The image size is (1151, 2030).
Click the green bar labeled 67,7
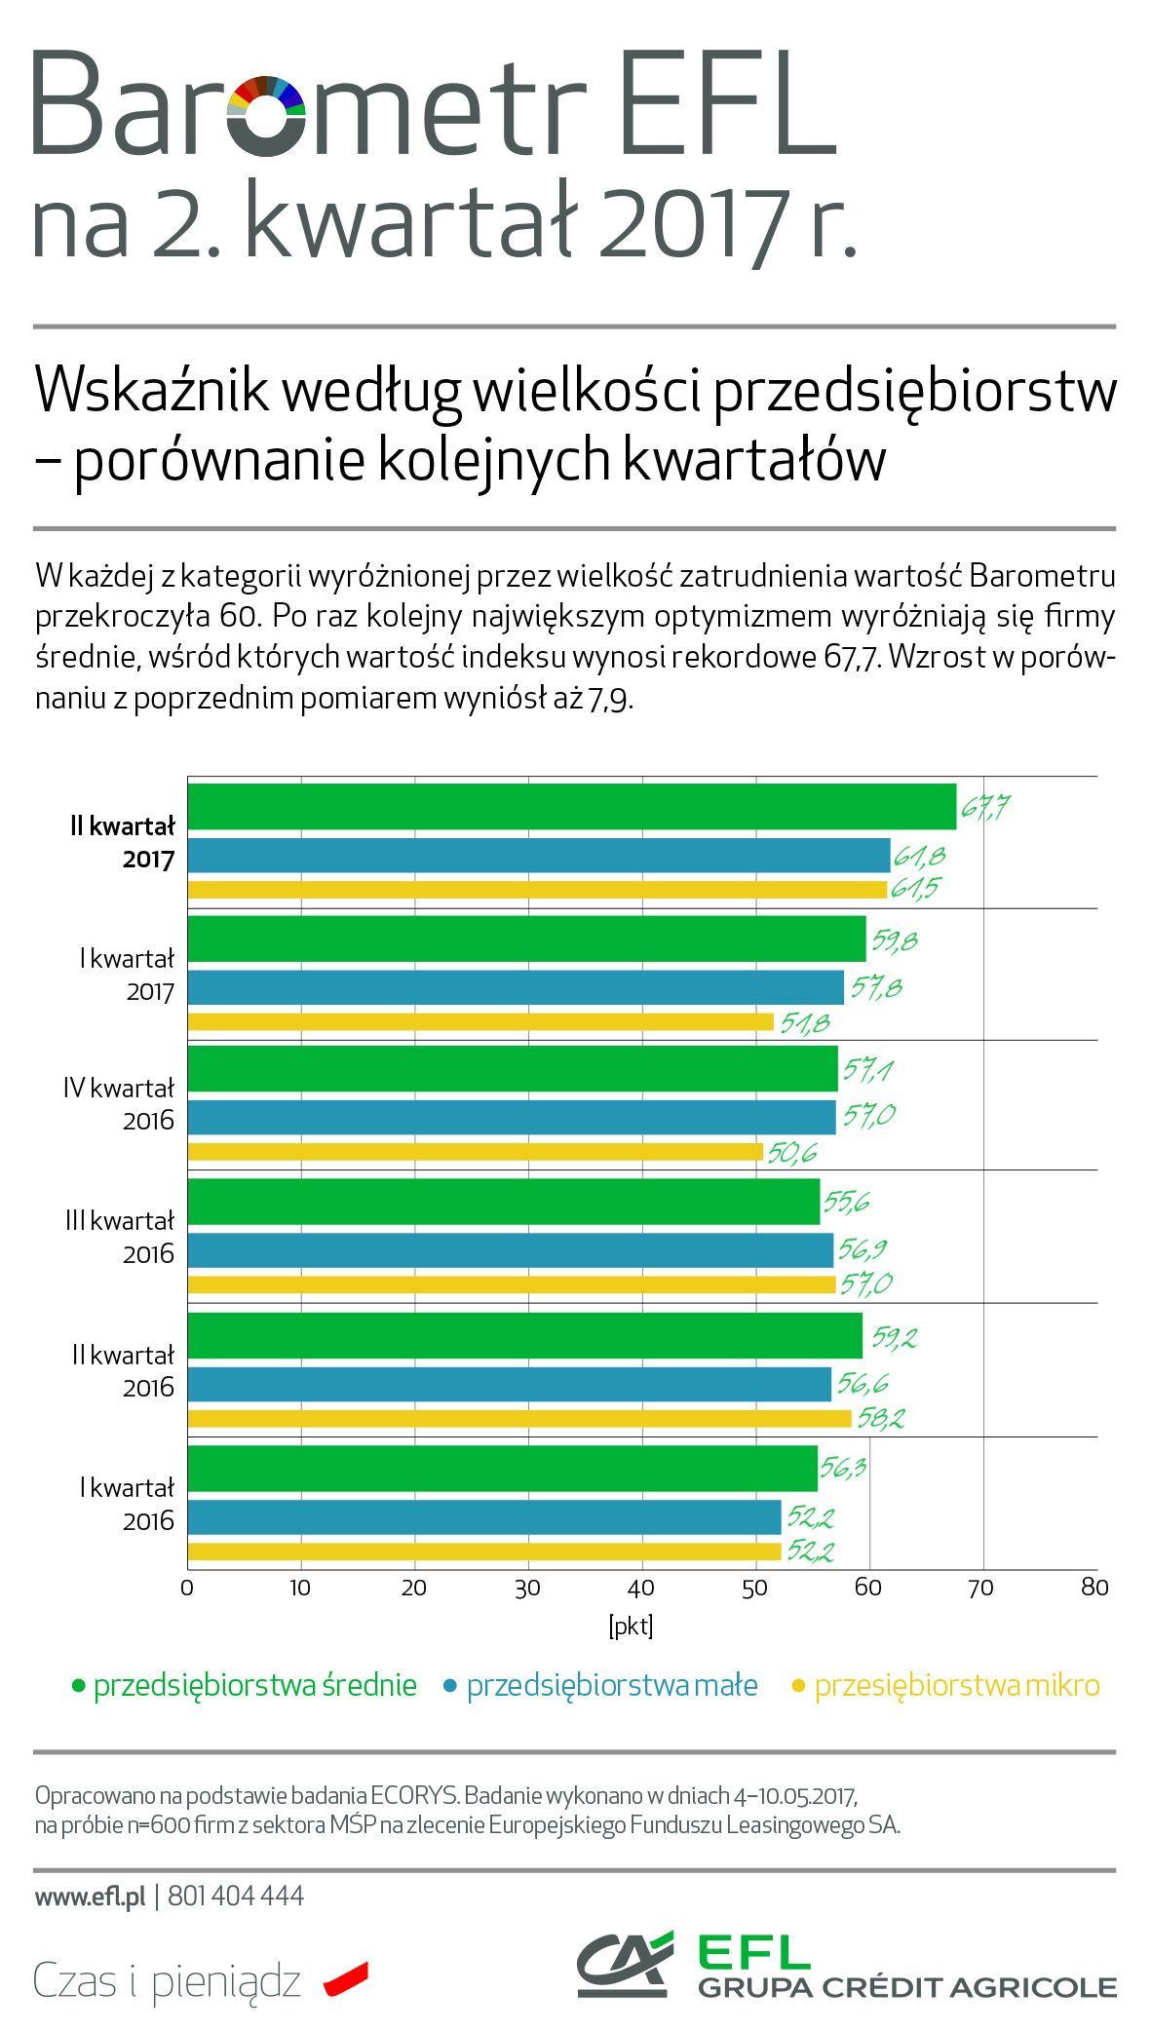pos(571,806)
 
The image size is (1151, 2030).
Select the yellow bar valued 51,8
pos(480,1021)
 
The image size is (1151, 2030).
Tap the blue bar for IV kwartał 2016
pos(511,1117)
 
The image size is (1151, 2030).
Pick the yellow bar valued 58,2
pos(518,1418)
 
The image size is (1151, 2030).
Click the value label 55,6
pos(846,1203)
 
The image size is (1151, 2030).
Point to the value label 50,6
pos(791,1154)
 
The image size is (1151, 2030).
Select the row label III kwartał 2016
pos(120,1237)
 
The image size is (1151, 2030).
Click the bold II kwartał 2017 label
pos(123,842)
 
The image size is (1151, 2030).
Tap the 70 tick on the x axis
pos(980,1588)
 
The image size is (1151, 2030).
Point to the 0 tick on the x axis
pos(187,1588)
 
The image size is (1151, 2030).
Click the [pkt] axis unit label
pos(631,1626)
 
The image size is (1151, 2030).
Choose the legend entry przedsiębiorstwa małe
pos(611,1685)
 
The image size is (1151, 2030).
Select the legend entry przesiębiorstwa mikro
pos(956,1685)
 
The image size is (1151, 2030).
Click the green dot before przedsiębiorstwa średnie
pos(79,1685)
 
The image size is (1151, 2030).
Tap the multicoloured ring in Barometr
pos(266,114)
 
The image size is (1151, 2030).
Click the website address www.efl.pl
pos(90,1896)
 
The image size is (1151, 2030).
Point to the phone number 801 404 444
pos(236,1896)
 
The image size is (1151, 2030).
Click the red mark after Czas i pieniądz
pos(346,1978)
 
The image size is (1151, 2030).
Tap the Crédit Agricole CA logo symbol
pos(624,1963)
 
